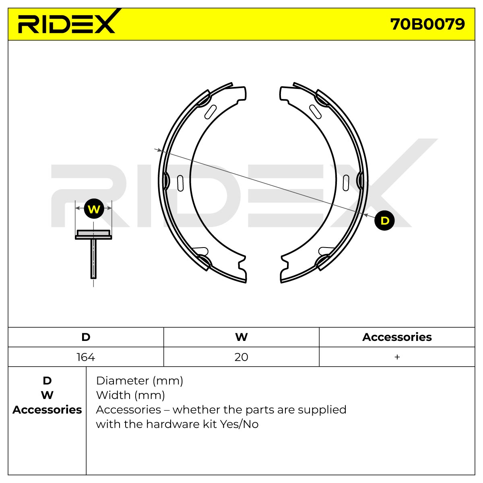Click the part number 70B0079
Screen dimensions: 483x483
point(427,25)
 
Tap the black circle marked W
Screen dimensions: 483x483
point(94,209)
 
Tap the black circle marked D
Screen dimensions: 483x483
point(384,221)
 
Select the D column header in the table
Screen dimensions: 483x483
point(86,337)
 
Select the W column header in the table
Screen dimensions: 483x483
point(242,337)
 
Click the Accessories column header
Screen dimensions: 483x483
point(397,337)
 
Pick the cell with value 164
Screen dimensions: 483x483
point(86,357)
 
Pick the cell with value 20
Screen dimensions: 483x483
point(242,357)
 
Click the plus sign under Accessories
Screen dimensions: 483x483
point(397,357)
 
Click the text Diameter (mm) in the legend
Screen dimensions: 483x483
point(139,381)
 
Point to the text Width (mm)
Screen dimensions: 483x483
point(130,396)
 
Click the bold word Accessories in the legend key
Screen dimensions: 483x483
point(47,410)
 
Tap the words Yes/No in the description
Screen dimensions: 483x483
point(239,424)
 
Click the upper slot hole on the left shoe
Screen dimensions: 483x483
point(211,112)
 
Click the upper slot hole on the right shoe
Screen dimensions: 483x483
point(315,112)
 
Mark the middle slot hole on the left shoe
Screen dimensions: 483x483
point(180,183)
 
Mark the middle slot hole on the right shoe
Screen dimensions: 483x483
point(346,183)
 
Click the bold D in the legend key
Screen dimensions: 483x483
point(47,381)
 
